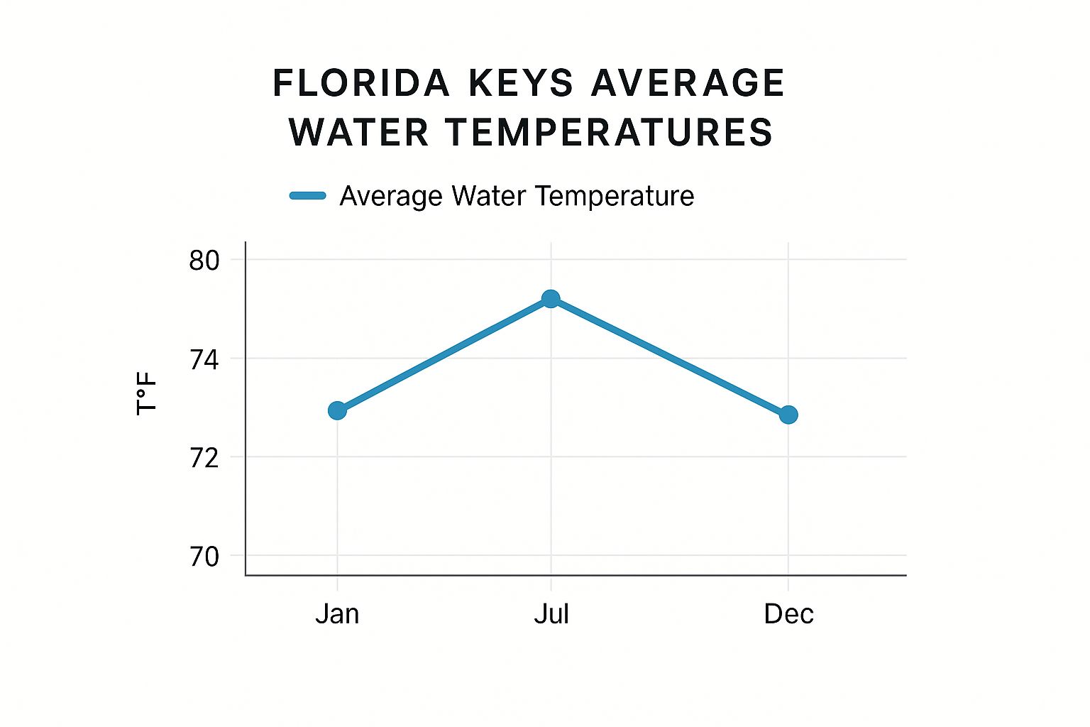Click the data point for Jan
click(337, 410)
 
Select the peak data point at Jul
click(551, 299)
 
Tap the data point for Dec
click(788, 415)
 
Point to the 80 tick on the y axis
click(204, 261)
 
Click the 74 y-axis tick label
click(204, 360)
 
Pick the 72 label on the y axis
click(204, 459)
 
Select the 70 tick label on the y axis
click(204, 557)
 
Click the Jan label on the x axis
click(337, 613)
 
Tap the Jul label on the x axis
click(551, 613)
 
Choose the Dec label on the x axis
click(788, 613)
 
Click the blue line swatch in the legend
click(308, 196)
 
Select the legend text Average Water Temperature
click(517, 196)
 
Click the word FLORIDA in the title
click(361, 83)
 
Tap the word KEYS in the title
click(521, 83)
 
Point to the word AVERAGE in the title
click(688, 83)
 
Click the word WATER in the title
click(359, 133)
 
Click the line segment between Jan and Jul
click(444, 355)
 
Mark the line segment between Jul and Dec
click(669, 356)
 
